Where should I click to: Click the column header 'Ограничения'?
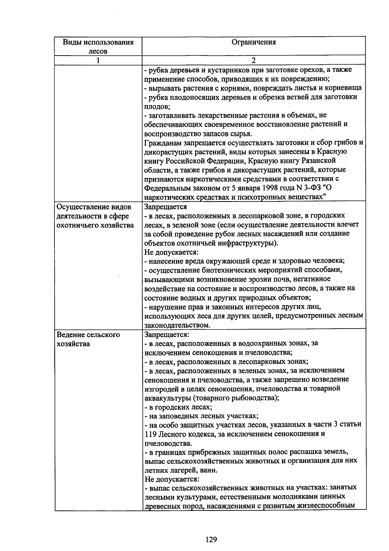tap(254, 42)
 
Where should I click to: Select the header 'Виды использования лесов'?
tap(98, 46)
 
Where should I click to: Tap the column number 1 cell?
tap(98, 60)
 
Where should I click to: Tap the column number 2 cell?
tap(254, 60)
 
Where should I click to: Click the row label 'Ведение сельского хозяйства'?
tap(88, 339)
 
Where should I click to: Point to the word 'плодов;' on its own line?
tap(155, 106)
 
